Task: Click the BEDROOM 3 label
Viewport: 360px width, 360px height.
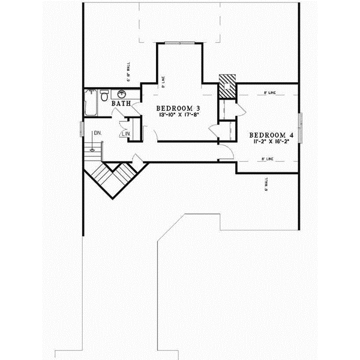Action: (179, 108)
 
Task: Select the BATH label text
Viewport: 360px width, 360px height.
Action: (122, 104)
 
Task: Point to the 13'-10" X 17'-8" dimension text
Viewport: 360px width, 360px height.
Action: (179, 115)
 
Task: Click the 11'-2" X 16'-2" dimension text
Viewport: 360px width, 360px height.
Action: (271, 142)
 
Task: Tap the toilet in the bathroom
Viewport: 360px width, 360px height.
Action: (104, 95)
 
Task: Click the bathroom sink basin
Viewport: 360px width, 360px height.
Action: (122, 94)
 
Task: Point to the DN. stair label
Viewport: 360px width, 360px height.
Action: (96, 133)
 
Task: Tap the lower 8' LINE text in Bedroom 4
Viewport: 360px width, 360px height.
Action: (268, 159)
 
